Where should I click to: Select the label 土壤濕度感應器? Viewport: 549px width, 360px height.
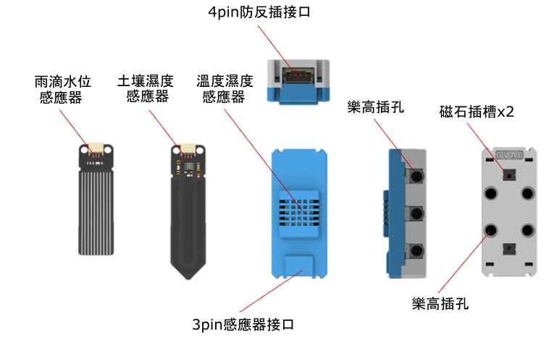coord(146,88)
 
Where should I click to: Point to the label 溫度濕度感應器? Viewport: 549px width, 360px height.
coord(224,88)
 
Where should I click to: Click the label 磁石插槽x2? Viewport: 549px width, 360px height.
coord(476,112)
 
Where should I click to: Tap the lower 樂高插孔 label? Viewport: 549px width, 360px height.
coord(440,304)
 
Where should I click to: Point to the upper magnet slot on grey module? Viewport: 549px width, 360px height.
coord(508,175)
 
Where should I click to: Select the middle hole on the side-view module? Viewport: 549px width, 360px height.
coord(416,214)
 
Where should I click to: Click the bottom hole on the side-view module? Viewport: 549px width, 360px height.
coord(416,251)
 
